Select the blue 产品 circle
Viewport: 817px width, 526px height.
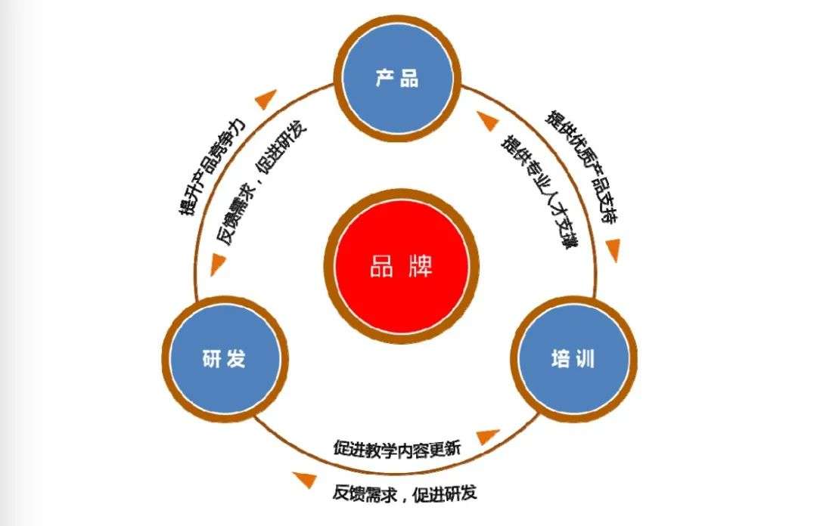click(396, 78)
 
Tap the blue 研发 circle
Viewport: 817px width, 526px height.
click(225, 359)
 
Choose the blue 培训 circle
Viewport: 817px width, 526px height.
click(573, 359)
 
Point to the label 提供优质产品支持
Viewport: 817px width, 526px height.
click(582, 170)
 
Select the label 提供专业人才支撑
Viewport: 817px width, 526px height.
click(538, 192)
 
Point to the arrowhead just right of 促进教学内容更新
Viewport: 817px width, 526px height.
click(488, 437)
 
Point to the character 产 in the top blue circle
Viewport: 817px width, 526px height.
click(385, 78)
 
